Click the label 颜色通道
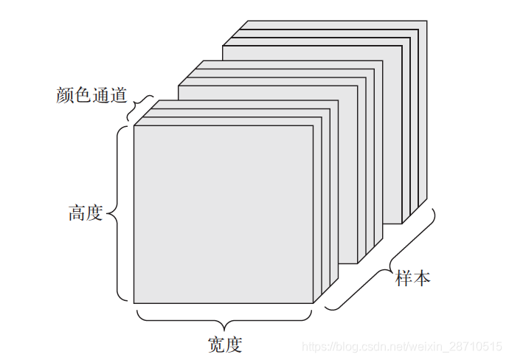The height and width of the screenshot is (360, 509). tap(92, 96)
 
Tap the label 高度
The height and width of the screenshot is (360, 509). tap(86, 214)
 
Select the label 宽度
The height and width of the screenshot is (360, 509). tap(225, 344)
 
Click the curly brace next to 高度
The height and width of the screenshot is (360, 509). tap(118, 214)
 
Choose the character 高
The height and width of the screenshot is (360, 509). tap(77, 214)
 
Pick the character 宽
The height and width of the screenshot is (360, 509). tap(216, 344)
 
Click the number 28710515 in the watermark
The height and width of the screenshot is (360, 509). tap(472, 347)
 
